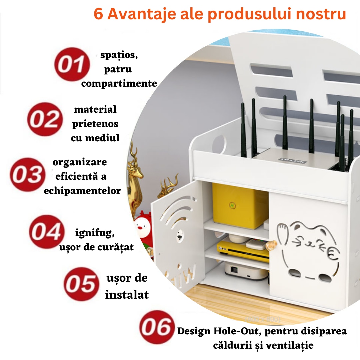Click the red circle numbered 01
[72, 64]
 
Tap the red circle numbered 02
[45, 119]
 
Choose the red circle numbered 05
[81, 284]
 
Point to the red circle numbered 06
[157, 327]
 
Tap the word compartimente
[119, 83]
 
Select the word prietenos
[95, 124]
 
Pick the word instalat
[127, 295]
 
